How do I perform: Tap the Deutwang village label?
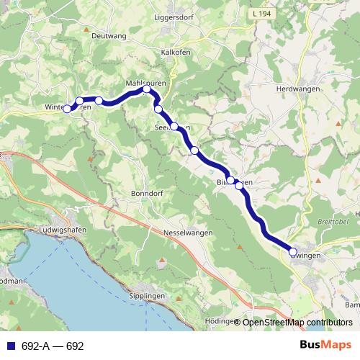(x=109, y=35)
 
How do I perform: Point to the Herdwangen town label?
(x=297, y=88)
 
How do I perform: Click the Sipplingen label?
(x=147, y=296)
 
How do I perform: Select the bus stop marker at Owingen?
(x=293, y=252)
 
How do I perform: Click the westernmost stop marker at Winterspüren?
(x=67, y=109)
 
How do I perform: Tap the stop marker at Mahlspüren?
(x=147, y=89)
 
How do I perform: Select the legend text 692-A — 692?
(x=53, y=346)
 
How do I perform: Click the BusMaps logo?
(x=325, y=346)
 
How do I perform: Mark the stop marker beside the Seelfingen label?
(x=174, y=126)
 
